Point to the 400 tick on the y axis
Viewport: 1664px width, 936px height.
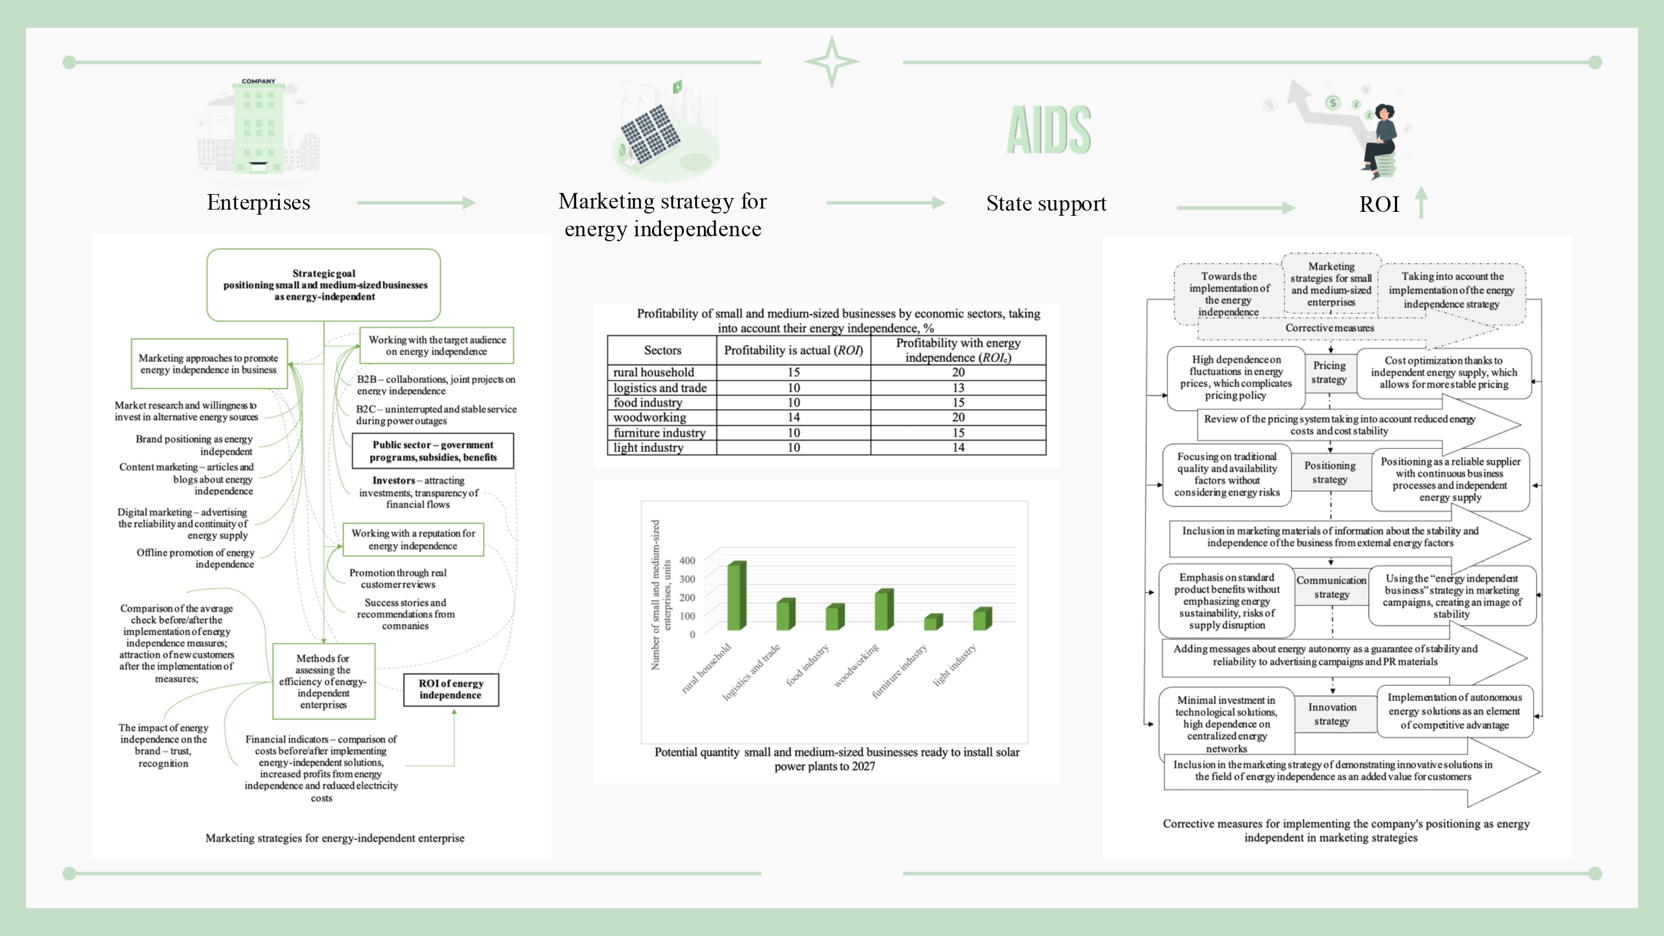point(687,561)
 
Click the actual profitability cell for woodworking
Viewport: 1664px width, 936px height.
point(793,418)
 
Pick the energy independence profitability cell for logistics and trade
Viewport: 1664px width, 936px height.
point(958,388)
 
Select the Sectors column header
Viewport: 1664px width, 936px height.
point(662,350)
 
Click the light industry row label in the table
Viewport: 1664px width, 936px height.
point(648,447)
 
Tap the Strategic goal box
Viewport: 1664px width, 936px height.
point(323,285)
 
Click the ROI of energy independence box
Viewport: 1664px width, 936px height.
point(451,689)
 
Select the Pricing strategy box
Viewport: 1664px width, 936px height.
point(1329,373)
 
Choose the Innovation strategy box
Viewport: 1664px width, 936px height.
point(1332,714)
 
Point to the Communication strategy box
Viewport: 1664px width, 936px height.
point(1331,587)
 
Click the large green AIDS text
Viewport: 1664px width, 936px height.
point(1048,130)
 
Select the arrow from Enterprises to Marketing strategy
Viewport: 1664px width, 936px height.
point(416,203)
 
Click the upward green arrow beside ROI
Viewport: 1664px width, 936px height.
point(1421,202)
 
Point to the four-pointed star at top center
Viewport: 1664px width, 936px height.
point(831,62)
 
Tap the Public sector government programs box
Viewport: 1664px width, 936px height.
point(433,451)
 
